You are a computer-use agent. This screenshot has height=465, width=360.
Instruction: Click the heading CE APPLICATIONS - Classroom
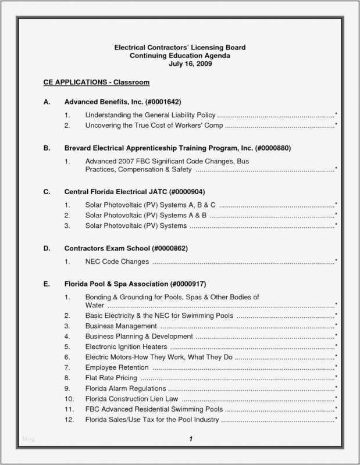[97, 83]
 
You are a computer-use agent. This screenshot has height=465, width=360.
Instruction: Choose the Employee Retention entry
[117, 367]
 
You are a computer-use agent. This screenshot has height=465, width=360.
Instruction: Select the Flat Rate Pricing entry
[111, 378]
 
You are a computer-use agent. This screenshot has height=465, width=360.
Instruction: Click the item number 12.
[69, 420]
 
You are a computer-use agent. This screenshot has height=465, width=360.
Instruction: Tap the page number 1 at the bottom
[190, 439]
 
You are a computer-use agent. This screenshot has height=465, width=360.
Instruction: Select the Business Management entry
[121, 325]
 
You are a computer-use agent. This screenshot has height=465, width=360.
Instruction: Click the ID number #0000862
[169, 248]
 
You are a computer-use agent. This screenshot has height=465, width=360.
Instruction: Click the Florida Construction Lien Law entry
[131, 399]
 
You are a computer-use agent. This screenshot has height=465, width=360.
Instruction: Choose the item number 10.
[69, 399]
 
